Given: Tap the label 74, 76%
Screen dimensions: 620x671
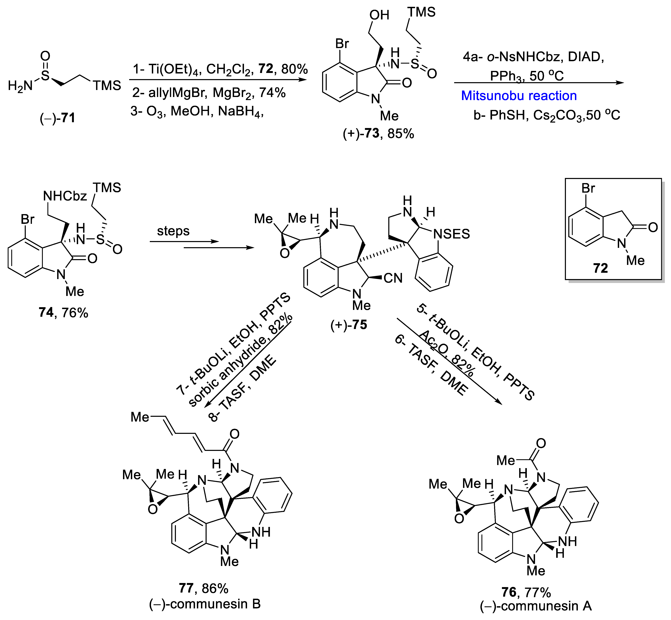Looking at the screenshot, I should click(63, 313).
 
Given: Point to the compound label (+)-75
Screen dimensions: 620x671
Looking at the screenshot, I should click(349, 325).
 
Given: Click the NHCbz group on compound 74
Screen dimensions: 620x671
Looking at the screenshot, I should click(65, 196).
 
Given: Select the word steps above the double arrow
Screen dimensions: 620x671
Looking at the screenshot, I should click(173, 231).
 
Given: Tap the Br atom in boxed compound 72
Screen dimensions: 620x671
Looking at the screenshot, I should click(588, 188).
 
